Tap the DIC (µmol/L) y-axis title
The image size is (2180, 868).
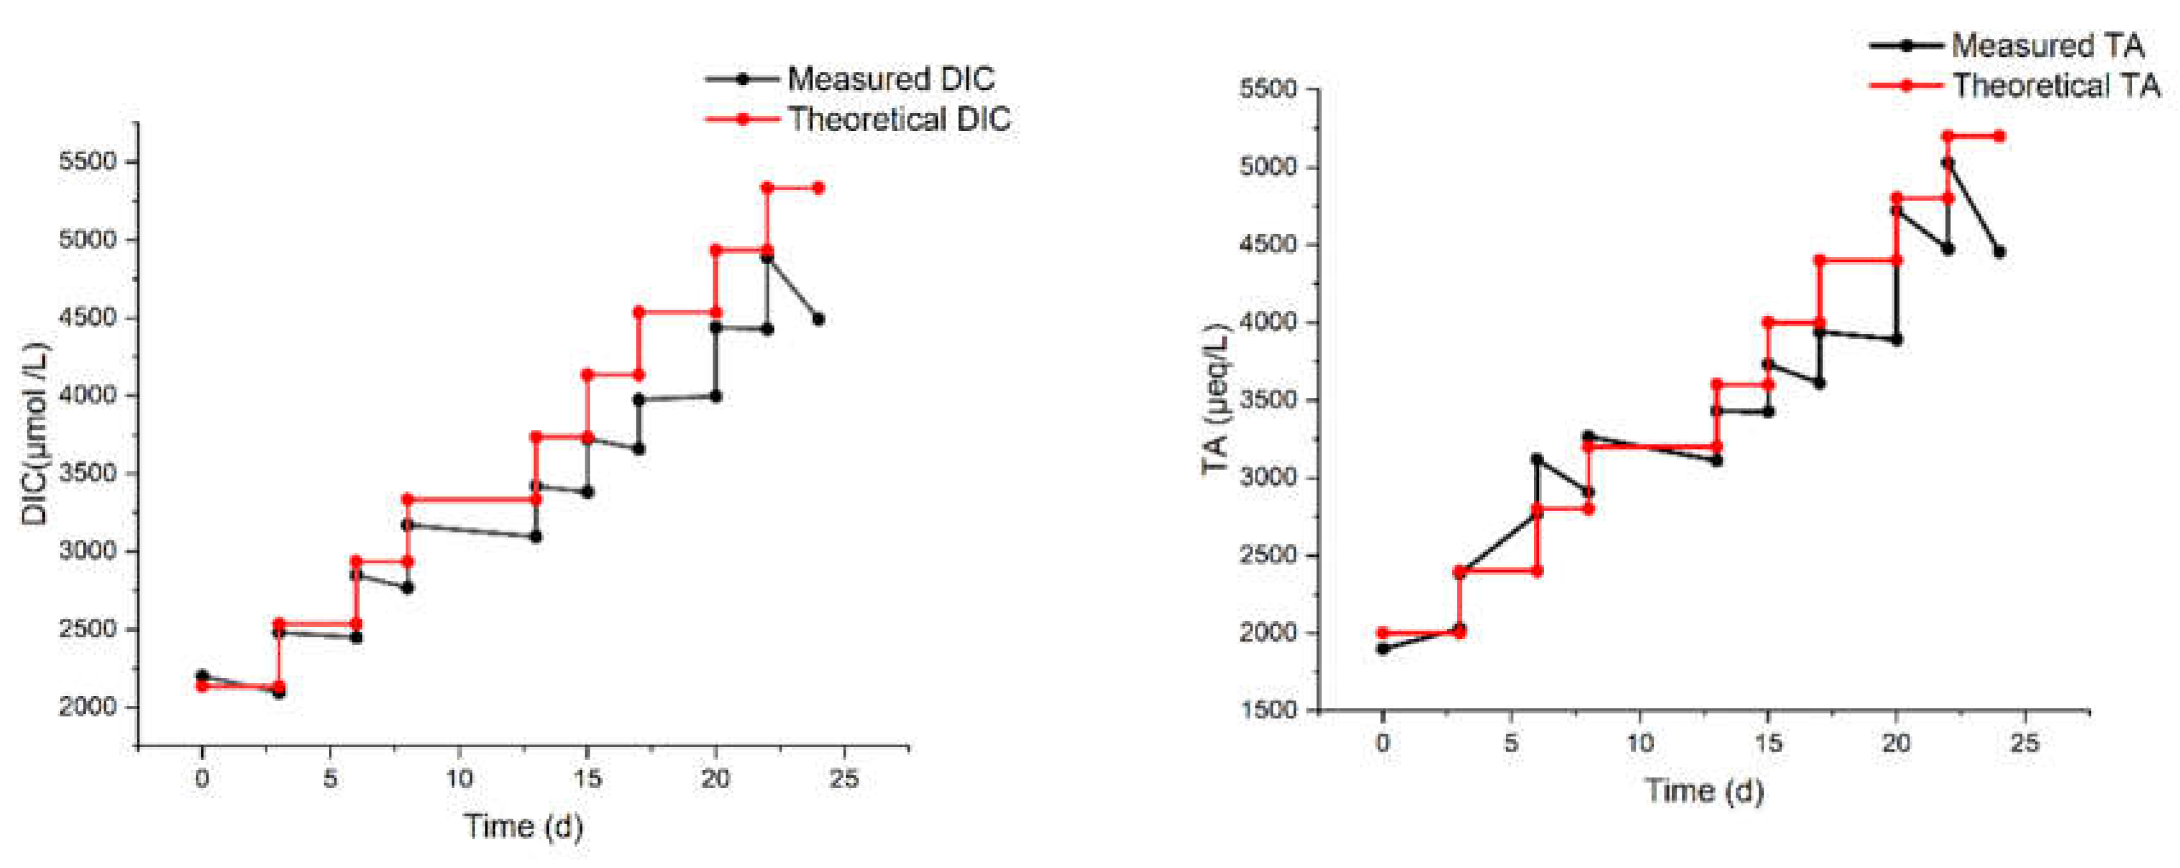(36, 433)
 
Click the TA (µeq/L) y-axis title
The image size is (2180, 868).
(1216, 398)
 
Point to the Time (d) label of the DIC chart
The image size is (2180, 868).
(523, 826)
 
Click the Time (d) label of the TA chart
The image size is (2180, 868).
(1703, 791)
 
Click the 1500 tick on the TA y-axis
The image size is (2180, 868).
(1267, 711)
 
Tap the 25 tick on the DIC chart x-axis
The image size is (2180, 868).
(844, 779)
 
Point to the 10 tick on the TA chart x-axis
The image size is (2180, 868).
(1639, 744)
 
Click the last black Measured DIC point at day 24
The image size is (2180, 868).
(817, 319)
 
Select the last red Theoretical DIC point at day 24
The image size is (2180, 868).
(817, 188)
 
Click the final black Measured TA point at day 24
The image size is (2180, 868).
(1999, 251)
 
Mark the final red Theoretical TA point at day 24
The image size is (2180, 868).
(1999, 136)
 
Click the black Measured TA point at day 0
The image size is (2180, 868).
(1383, 649)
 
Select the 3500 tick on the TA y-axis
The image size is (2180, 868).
(1267, 400)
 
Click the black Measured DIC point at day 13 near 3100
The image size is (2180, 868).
(535, 537)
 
